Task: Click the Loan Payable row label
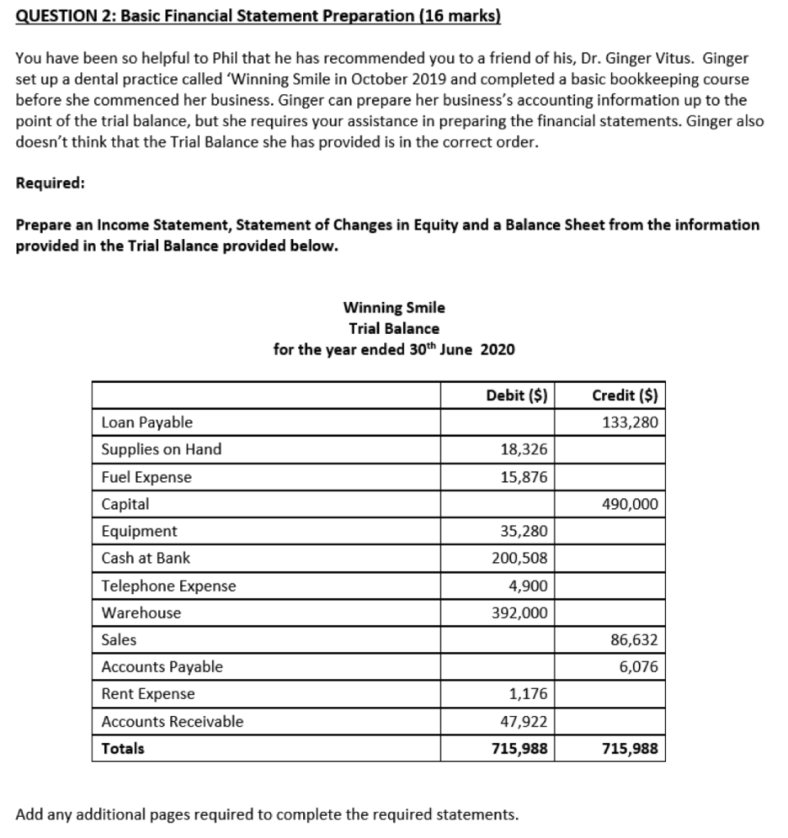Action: click(x=147, y=422)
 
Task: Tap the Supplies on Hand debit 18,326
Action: click(x=523, y=449)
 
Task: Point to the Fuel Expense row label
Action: click(x=147, y=476)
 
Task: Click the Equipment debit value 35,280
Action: click(x=523, y=531)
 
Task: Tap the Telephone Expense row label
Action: click(x=168, y=585)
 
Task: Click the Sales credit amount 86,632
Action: click(x=635, y=639)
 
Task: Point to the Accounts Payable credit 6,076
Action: click(x=638, y=666)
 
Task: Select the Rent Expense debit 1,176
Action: click(x=528, y=694)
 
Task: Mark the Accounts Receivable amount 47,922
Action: click(x=523, y=721)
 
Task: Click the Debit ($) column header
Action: click(x=516, y=394)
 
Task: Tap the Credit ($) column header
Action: click(x=626, y=394)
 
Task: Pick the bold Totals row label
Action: click(x=123, y=748)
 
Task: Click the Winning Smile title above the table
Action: click(x=394, y=308)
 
